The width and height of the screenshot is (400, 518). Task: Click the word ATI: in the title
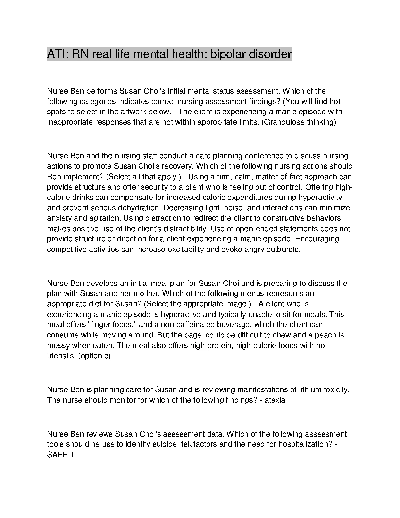[x=58, y=54]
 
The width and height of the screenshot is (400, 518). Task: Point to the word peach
[x=326, y=335]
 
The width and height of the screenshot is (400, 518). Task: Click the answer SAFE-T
[x=61, y=455]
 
